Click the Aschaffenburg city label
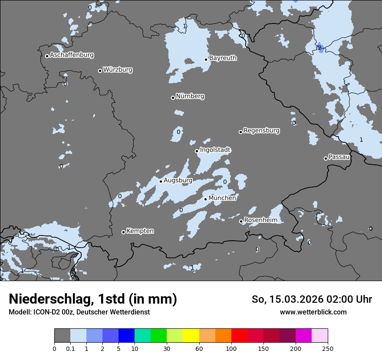[x=72, y=55]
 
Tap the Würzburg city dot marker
[x=100, y=71]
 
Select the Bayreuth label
[x=223, y=58]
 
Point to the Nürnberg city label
[x=190, y=96]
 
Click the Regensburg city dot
[x=240, y=132]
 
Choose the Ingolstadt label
[x=215, y=150]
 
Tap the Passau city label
[x=339, y=157]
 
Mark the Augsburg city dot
[x=161, y=181]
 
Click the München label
[x=222, y=198]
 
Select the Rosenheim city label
[x=260, y=220]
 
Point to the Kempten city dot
[x=123, y=232]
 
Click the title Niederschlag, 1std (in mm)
[x=93, y=299]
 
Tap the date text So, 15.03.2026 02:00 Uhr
[x=312, y=299]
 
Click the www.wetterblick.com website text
[x=313, y=312]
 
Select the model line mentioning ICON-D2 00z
[x=79, y=312]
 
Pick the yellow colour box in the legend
[x=191, y=336]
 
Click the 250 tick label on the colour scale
[x=328, y=348]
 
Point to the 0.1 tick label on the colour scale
[x=70, y=348]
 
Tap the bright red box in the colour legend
[x=239, y=336]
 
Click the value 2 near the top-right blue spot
[x=319, y=47]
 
